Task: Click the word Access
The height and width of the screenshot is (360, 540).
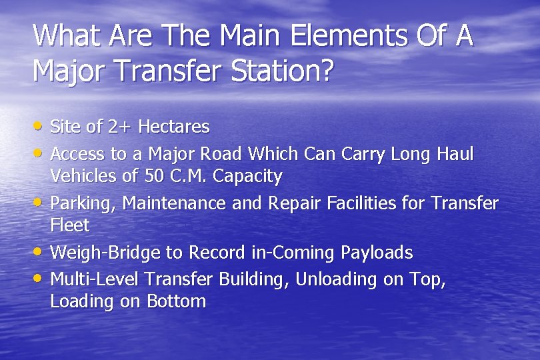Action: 78,154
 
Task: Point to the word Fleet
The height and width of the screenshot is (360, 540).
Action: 69,225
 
